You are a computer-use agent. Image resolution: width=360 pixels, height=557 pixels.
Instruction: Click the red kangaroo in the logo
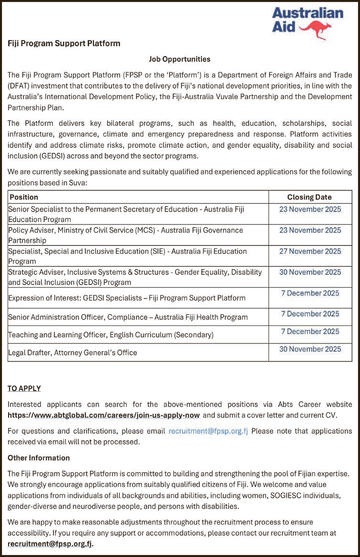pyautogui.click(x=320, y=30)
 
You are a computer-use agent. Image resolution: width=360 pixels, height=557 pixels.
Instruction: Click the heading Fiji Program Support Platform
pyautogui.click(x=64, y=43)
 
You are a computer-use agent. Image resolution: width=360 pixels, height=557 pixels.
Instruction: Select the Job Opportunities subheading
pyautogui.click(x=180, y=59)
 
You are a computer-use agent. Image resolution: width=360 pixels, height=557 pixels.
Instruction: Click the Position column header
pyautogui.click(x=24, y=197)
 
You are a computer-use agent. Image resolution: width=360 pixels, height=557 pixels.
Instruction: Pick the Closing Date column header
pyautogui.click(x=310, y=197)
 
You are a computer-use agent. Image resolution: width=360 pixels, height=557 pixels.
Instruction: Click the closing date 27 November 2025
pyautogui.click(x=310, y=251)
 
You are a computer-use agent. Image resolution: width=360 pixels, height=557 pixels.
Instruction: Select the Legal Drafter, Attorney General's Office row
pyautogui.click(x=72, y=353)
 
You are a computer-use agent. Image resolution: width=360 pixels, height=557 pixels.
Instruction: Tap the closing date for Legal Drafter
pyautogui.click(x=310, y=349)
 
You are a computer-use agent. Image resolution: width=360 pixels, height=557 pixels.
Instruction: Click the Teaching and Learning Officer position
pyautogui.click(x=110, y=335)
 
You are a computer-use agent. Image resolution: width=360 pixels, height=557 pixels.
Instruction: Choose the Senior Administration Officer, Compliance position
pyautogui.click(x=128, y=317)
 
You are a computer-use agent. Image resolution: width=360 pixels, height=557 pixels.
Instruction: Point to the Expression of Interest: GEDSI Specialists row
pyautogui.click(x=127, y=298)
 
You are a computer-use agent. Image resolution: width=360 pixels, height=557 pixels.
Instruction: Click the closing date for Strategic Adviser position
pyautogui.click(x=310, y=272)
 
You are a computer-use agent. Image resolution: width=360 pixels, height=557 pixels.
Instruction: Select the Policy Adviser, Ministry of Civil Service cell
pyautogui.click(x=125, y=235)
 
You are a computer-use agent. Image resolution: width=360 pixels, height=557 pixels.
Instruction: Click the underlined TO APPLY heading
pyautogui.click(x=24, y=388)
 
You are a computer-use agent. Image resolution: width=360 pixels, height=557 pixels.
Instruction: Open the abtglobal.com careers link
pyautogui.click(x=103, y=415)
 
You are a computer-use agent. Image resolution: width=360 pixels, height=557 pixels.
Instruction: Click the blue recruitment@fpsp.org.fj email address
pyautogui.click(x=208, y=431)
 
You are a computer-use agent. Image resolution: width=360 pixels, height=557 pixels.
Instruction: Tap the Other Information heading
pyautogui.click(x=39, y=458)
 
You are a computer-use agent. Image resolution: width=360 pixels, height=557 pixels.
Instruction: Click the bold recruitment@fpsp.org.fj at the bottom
pyautogui.click(x=50, y=543)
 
